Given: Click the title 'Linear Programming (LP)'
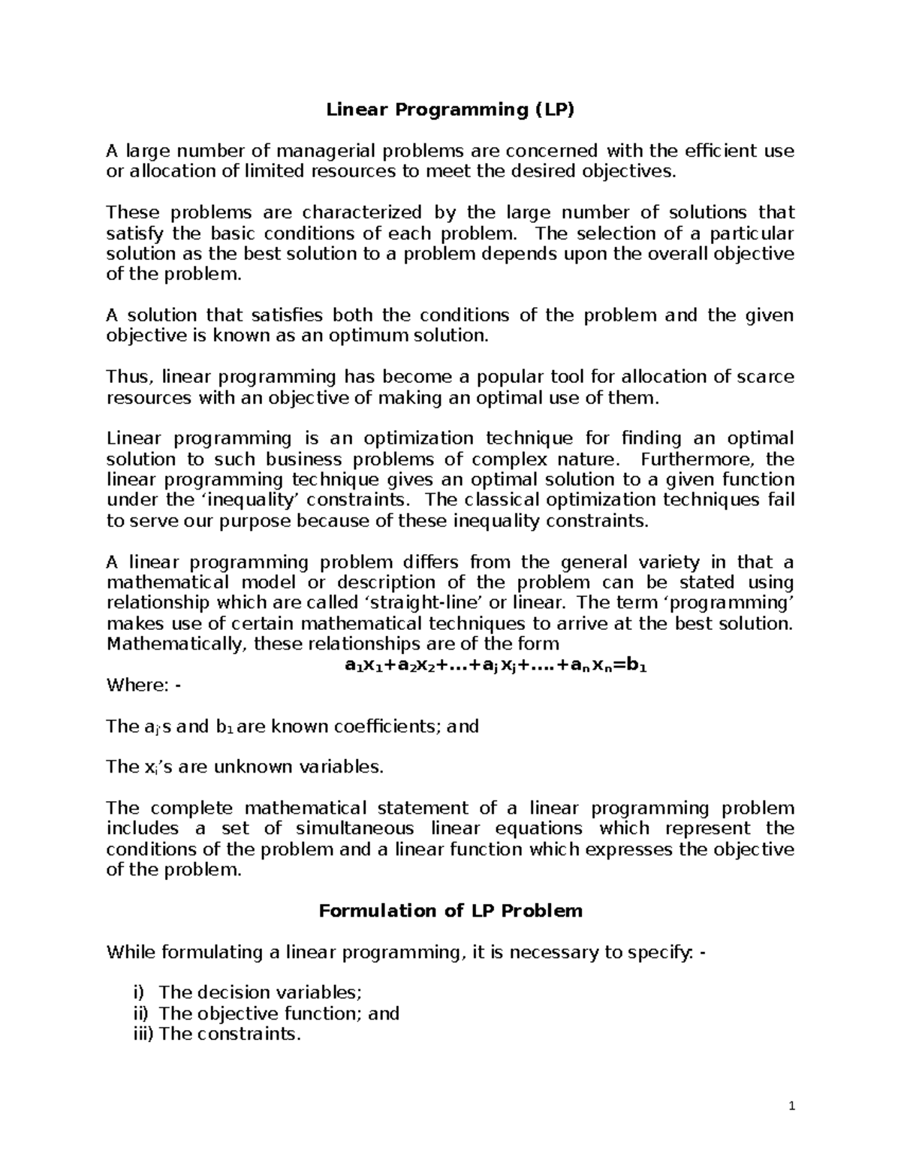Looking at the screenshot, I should tap(450, 110).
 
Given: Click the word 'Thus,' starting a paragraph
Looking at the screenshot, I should tap(130, 377).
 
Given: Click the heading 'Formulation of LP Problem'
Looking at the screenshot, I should tap(450, 911).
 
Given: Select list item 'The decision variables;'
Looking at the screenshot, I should tap(261, 993).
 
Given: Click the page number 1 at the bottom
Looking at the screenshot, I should tap(791, 1107).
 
